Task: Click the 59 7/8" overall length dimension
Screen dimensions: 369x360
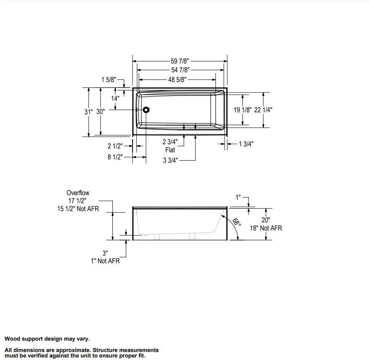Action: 180,61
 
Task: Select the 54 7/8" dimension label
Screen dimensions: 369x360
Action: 180,70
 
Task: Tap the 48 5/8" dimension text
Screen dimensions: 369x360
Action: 177,79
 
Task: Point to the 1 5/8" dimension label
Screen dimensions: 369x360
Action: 109,79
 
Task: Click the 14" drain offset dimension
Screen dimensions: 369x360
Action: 115,98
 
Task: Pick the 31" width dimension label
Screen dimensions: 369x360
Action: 88,112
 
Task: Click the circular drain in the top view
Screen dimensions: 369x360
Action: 146,110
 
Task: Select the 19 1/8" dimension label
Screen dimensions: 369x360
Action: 243,110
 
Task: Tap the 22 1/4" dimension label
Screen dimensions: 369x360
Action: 263,110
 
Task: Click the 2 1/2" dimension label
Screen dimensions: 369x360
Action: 115,146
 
